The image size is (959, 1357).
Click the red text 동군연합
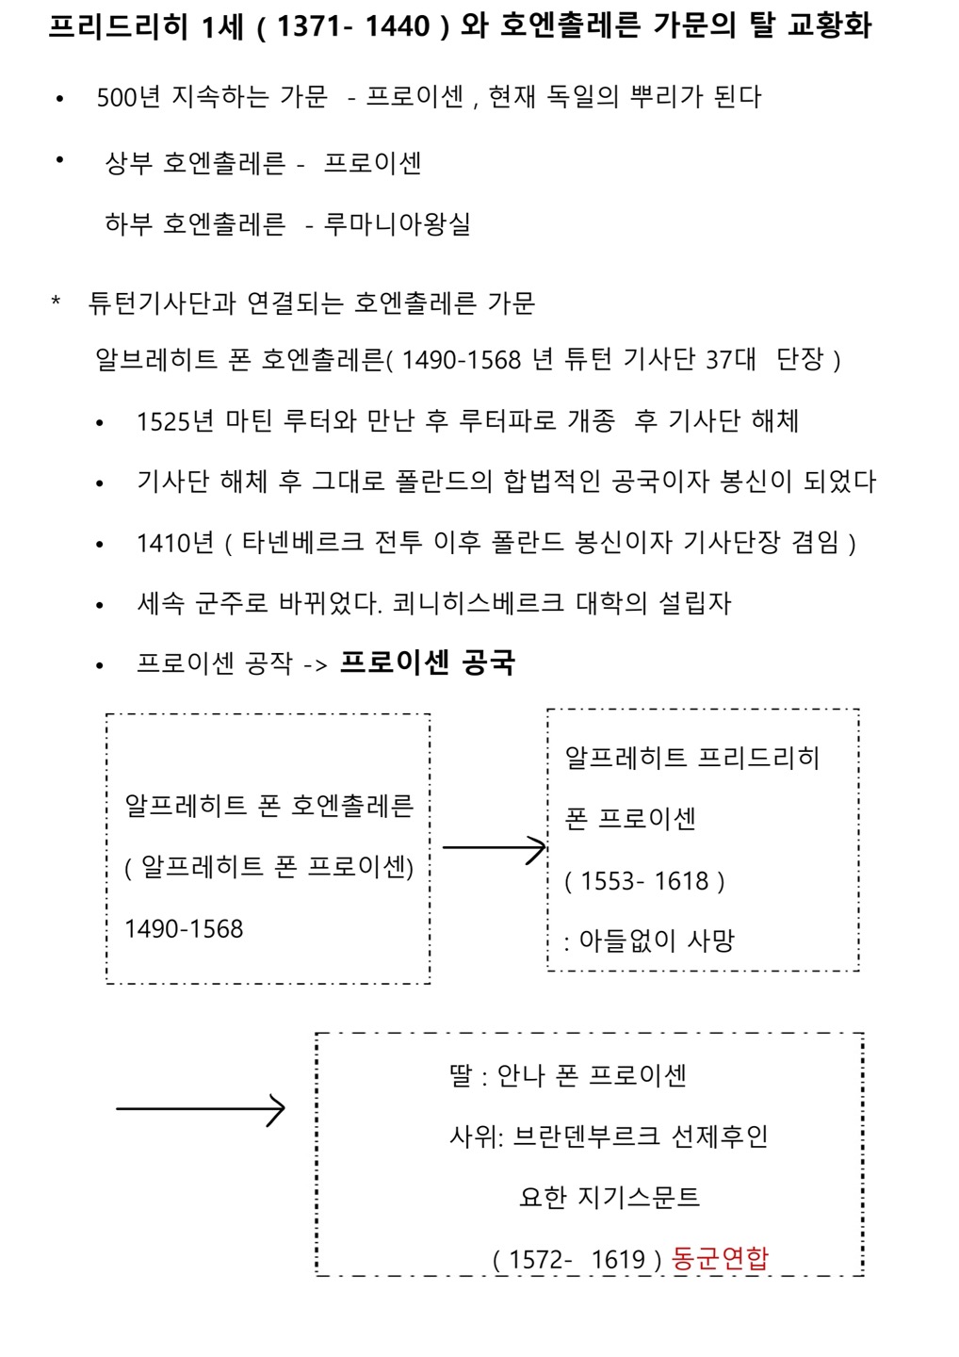[721, 1258]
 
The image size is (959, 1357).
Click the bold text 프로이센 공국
[427, 662]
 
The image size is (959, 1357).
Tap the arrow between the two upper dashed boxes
[494, 849]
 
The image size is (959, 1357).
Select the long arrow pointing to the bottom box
[200, 1109]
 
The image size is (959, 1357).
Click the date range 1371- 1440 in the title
[353, 26]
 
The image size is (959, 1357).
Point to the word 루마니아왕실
[397, 224]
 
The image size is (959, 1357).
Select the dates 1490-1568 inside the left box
[184, 929]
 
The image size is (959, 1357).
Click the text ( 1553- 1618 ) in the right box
[644, 881]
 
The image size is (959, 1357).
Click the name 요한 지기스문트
[610, 1198]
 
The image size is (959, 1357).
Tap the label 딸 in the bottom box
[460, 1075]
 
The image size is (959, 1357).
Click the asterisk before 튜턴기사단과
[57, 302]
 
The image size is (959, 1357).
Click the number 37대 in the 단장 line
[730, 359]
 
